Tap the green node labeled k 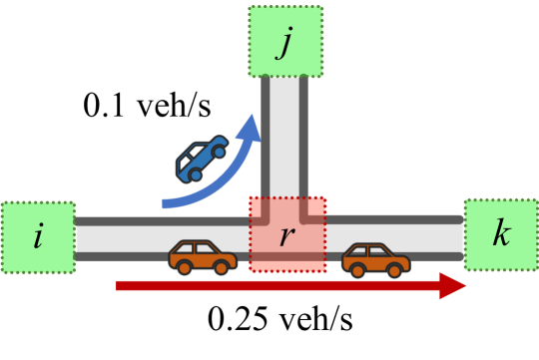coord(499,235)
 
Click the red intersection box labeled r coord(287,234)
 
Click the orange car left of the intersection coord(202,257)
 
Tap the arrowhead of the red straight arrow coord(455,286)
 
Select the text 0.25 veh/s coord(280,322)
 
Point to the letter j coord(286,43)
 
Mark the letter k coord(499,235)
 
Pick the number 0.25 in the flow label coord(234,322)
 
